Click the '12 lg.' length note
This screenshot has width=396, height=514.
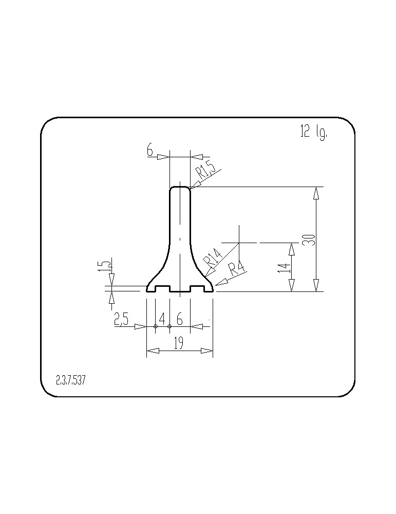tap(313, 133)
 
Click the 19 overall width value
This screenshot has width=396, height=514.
tap(179, 343)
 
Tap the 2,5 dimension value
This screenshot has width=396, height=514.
tap(122, 319)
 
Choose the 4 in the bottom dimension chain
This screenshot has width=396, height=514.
tap(162, 318)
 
